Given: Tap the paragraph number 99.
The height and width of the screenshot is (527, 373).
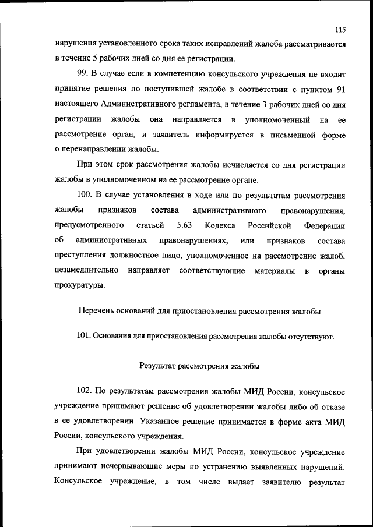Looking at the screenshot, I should tap(83, 73).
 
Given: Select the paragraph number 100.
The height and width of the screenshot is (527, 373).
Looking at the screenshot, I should tap(85, 195).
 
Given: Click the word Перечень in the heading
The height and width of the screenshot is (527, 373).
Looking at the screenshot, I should tap(96, 312).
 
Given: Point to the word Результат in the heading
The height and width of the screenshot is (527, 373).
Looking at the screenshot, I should tap(157, 366).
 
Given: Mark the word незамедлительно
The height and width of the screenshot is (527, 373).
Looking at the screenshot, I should tap(87, 270).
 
